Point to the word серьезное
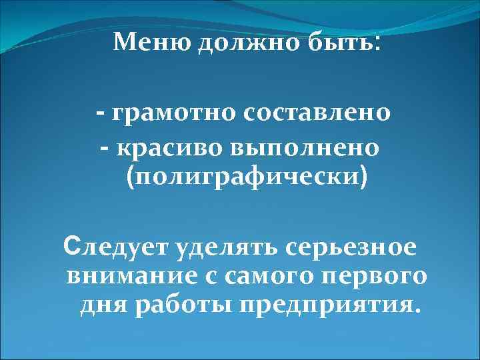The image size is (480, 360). tap(351, 247)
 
